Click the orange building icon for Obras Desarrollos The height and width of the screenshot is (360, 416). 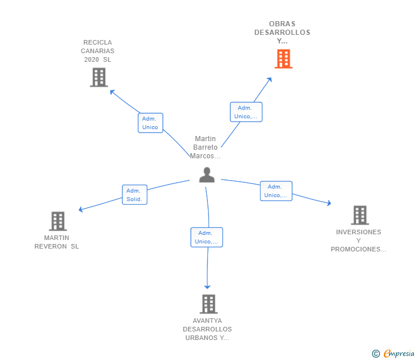click(x=283, y=59)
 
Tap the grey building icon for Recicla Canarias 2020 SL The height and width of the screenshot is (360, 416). click(x=99, y=77)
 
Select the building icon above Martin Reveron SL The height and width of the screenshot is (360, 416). click(x=58, y=221)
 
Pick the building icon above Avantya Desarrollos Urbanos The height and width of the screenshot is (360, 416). click(x=208, y=304)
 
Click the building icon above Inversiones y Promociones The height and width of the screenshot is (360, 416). click(x=359, y=215)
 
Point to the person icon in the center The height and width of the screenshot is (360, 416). click(x=207, y=175)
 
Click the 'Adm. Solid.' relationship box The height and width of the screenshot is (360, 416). click(x=135, y=195)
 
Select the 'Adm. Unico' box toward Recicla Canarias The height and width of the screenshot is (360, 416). click(x=150, y=123)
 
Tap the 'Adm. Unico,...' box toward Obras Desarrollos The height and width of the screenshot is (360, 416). click(x=246, y=112)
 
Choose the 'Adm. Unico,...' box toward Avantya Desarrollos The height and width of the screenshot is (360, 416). click(x=206, y=237)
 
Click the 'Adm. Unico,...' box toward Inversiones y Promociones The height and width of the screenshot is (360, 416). click(x=276, y=191)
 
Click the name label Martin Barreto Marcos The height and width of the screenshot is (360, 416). click(x=206, y=147)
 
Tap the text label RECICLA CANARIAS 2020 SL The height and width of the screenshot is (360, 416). click(x=98, y=51)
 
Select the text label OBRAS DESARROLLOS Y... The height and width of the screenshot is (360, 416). click(x=282, y=33)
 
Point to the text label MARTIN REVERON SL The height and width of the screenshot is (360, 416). click(x=57, y=242)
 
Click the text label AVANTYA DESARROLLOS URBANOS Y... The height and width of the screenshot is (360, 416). click(x=207, y=329)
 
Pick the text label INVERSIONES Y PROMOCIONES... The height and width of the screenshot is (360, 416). click(x=358, y=241)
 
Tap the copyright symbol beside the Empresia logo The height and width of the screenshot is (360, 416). click(x=376, y=354)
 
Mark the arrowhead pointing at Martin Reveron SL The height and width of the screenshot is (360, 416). click(x=81, y=210)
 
